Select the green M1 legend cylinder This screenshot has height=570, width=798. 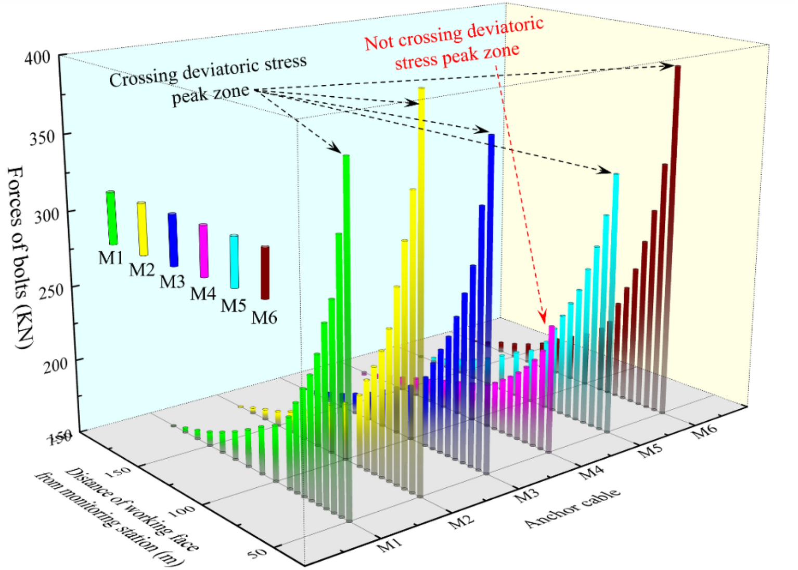[112, 218]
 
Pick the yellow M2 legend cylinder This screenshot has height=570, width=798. [143, 229]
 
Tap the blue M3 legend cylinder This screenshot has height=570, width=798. [173, 239]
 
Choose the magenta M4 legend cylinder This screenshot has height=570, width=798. [203, 251]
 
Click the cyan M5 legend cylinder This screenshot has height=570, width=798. [234, 262]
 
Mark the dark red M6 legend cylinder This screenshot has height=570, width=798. [265, 273]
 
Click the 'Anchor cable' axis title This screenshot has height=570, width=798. [573, 508]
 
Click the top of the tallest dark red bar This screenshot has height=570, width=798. [678, 67]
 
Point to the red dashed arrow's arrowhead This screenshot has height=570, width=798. [544, 318]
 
